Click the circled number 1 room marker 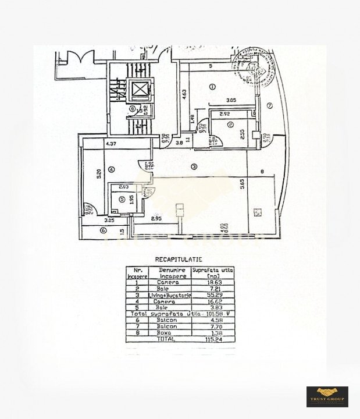[213, 87]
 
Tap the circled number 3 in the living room [194, 166]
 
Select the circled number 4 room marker [111, 169]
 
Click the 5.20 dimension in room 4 [99, 173]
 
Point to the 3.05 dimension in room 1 [231, 101]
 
